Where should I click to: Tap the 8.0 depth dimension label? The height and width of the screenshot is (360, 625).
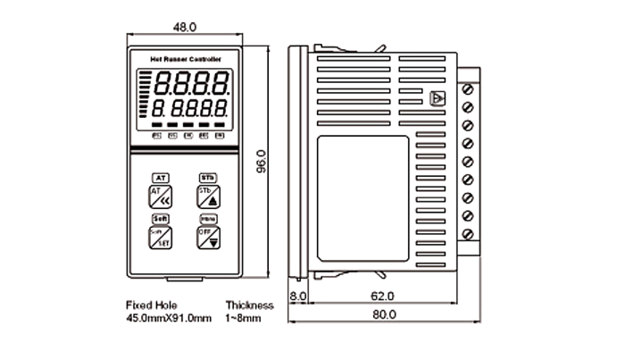[298, 296]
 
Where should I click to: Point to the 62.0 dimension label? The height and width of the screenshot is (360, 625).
[381, 296]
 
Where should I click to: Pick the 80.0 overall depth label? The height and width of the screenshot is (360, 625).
[385, 314]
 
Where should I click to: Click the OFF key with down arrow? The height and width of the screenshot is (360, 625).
[208, 237]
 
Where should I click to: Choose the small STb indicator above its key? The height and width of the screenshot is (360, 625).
[208, 177]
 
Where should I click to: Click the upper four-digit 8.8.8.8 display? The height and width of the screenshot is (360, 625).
[189, 85]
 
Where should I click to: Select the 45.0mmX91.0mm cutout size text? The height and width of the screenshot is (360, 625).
[169, 318]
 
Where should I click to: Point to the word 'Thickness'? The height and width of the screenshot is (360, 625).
[249, 305]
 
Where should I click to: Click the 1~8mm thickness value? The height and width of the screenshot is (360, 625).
[244, 318]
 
